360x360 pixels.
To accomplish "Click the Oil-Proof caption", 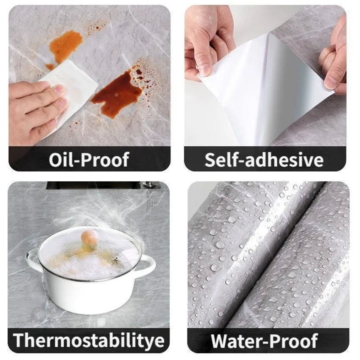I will [89, 159].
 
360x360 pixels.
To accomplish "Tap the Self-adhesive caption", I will [264, 160].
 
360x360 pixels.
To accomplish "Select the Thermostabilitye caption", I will [89, 340].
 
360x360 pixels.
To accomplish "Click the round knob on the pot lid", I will [90, 237].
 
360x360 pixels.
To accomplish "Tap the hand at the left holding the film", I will [208, 42].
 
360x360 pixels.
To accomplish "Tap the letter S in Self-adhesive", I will [211, 160].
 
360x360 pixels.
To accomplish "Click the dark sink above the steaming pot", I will [96, 186].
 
